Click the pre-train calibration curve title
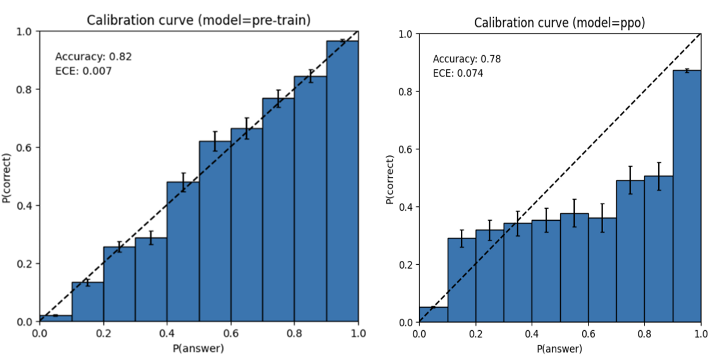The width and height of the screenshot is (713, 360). coord(198,20)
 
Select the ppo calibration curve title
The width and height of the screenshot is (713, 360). coord(559,23)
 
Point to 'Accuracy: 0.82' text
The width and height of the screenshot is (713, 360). coord(93,57)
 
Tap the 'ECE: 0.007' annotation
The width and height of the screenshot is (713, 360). coord(83,71)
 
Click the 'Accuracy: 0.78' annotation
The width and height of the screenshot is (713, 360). coord(467,59)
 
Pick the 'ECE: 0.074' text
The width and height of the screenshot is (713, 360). coord(458,73)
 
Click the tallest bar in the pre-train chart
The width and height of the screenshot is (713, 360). coord(342,181)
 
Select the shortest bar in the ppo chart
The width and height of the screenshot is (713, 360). coord(433,315)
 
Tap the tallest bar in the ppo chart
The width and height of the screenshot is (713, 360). coord(687,196)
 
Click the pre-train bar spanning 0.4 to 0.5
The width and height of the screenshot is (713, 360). coord(183,251)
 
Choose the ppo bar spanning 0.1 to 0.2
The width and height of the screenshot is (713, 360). coord(462,280)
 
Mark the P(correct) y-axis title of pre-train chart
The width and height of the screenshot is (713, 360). coord(6,178)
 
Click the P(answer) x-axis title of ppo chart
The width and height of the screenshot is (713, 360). coord(559,349)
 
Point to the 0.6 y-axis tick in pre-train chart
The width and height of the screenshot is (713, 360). coord(24,147)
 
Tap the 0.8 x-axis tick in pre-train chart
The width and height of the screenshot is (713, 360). coord(294,333)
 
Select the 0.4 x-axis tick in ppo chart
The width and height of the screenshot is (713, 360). coord(532,334)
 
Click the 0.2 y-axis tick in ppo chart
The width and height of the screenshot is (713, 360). coord(406,265)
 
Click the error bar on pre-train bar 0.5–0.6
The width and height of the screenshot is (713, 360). coord(215,141)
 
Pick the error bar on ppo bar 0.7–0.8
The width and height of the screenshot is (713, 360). coord(630,180)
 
